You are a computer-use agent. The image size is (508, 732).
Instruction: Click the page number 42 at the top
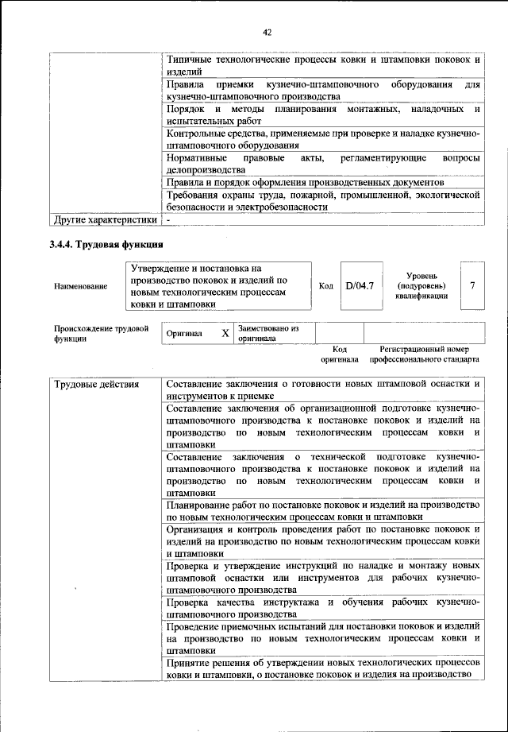tap(267, 33)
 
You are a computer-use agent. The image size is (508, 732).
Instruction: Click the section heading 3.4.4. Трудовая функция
tap(106, 244)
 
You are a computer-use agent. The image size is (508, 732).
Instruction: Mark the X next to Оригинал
tap(225, 334)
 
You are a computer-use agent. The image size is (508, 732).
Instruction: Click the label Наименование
tap(80, 285)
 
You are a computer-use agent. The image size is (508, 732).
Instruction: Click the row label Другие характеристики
tap(104, 219)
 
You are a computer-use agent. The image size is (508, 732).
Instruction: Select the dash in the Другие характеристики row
tap(169, 219)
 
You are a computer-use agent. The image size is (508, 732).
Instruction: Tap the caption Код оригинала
tap(340, 354)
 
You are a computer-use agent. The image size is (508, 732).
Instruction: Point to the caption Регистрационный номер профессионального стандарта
tap(429, 354)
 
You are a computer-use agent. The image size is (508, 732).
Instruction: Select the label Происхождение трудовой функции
tap(101, 332)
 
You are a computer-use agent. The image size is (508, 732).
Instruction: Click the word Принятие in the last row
tap(189, 662)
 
